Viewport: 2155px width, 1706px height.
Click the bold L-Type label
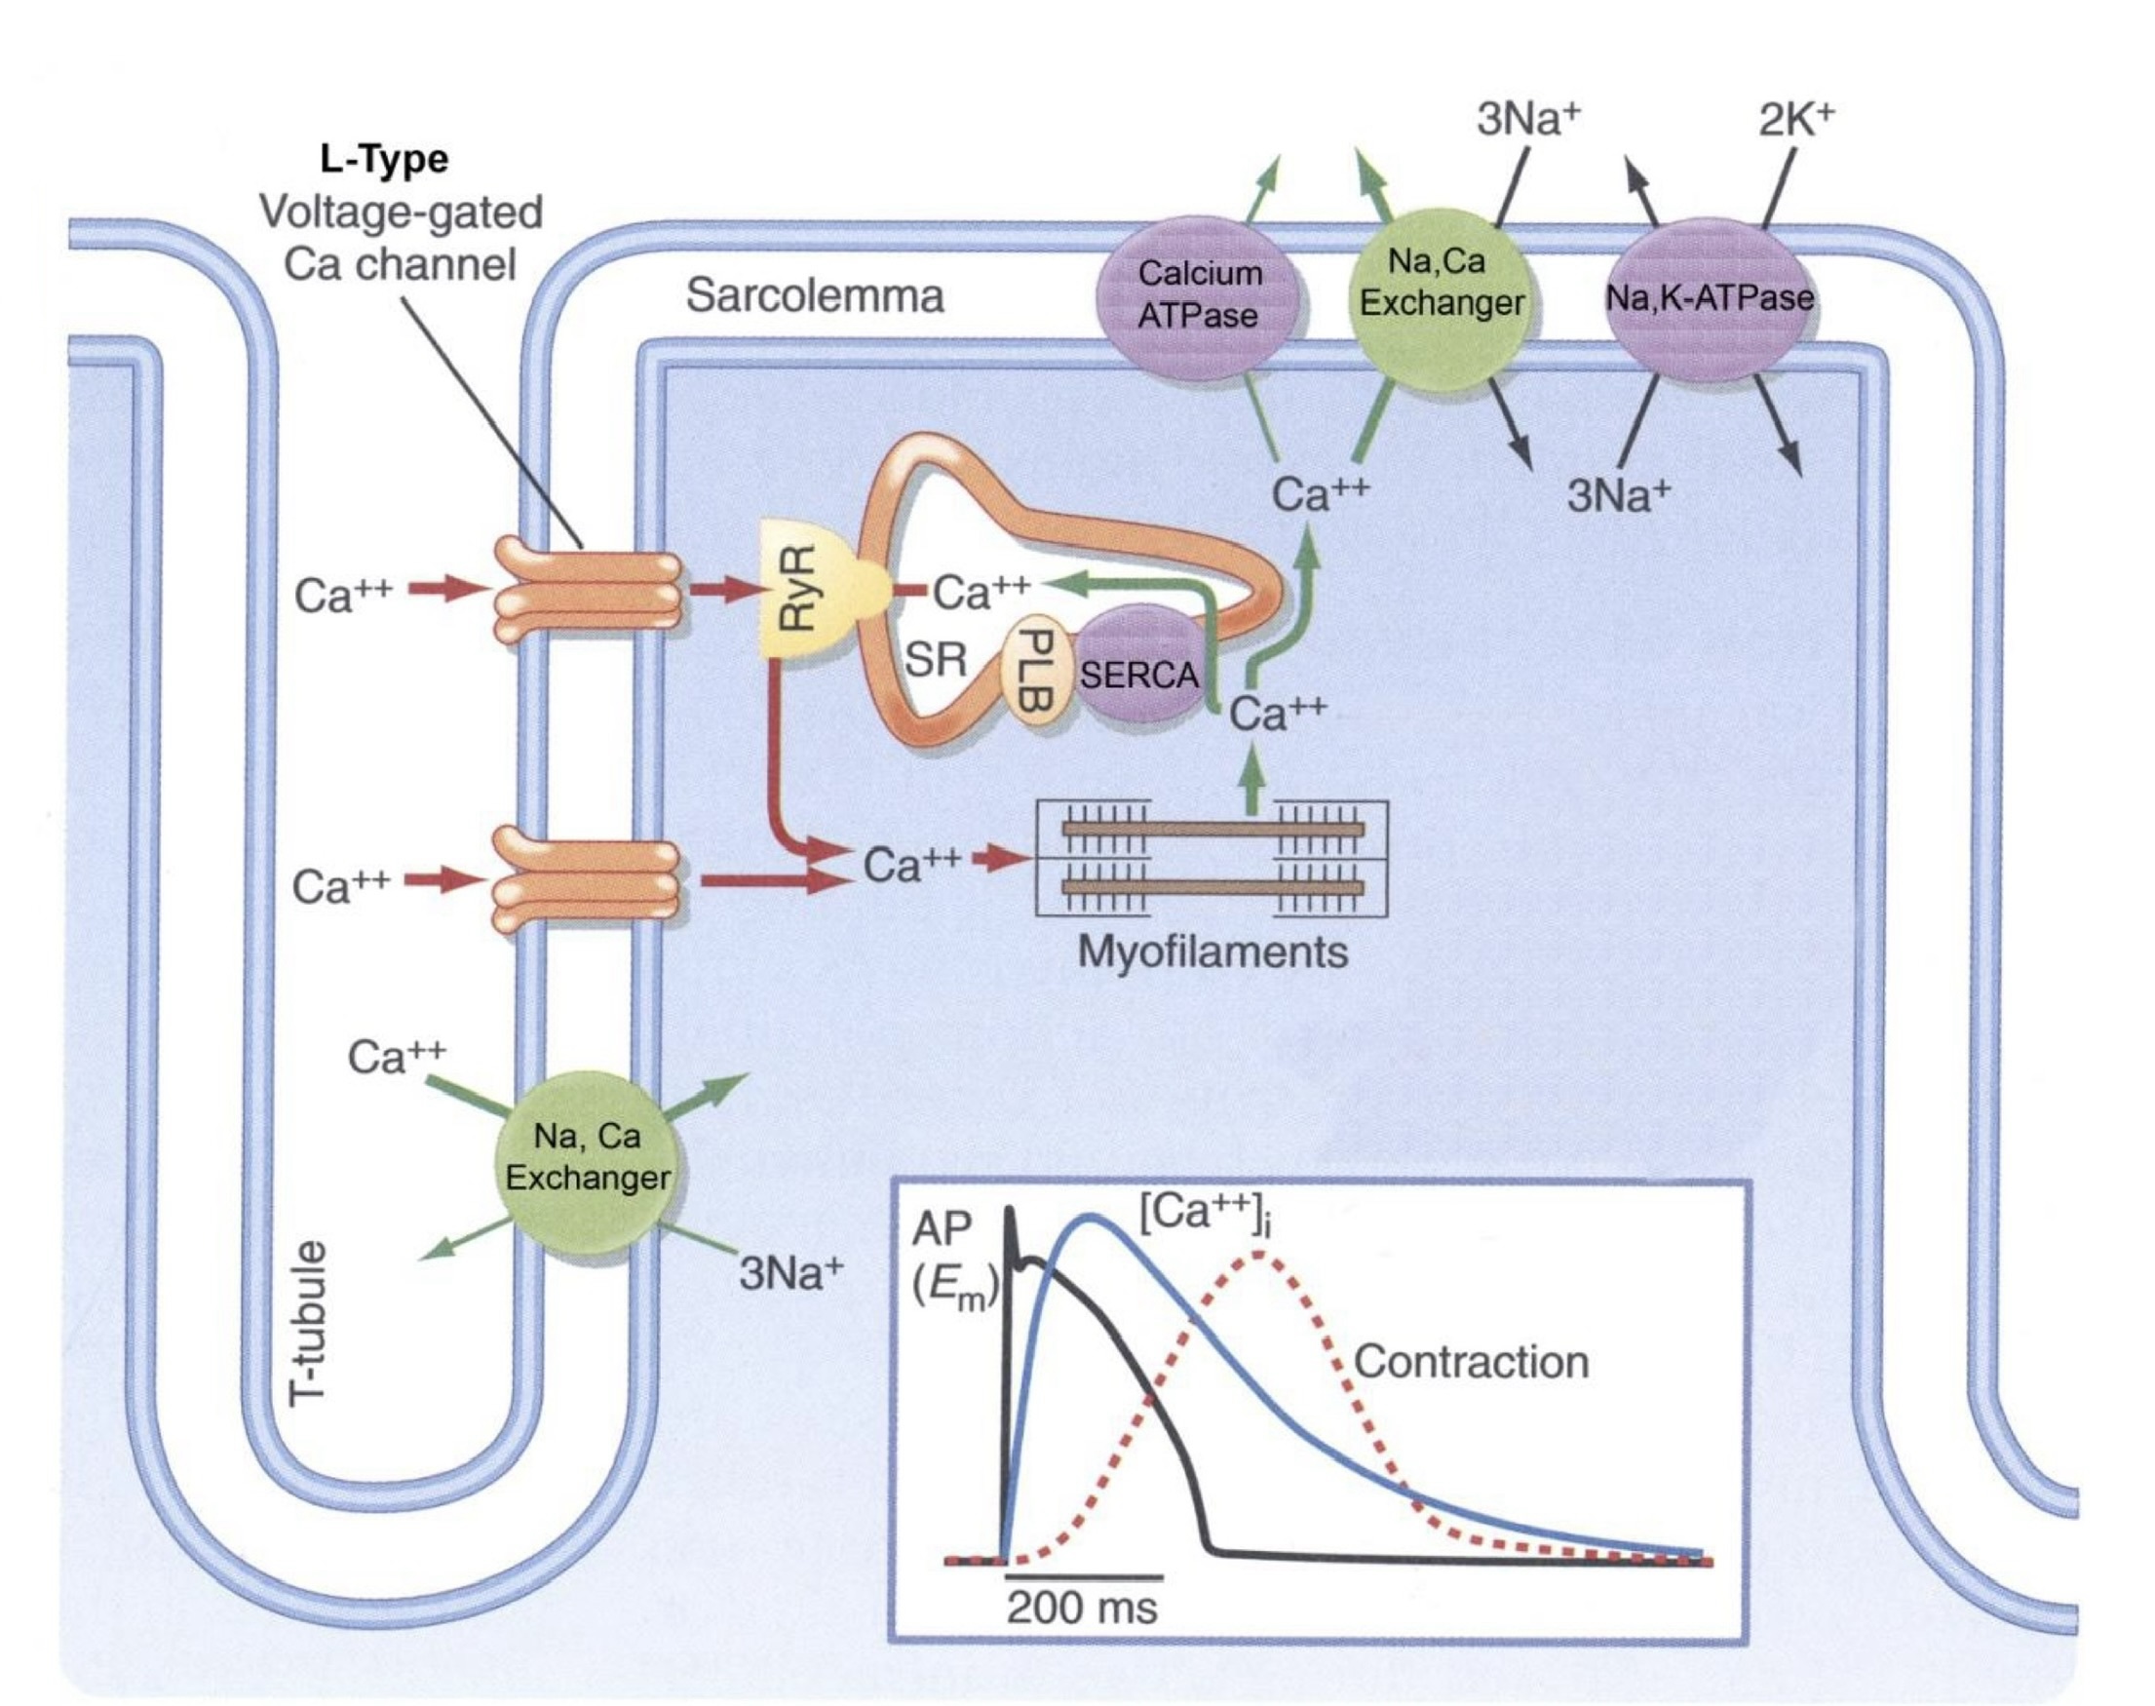(x=384, y=159)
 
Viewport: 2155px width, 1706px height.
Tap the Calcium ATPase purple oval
(x=1198, y=294)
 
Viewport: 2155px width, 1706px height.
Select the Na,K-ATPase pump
(x=1709, y=297)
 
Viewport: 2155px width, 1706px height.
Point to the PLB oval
(x=1035, y=669)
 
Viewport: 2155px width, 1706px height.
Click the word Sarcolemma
(x=814, y=295)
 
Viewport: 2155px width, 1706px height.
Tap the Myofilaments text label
(x=1212, y=951)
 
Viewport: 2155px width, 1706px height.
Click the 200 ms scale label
(x=1082, y=1608)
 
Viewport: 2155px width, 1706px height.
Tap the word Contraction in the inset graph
(x=1471, y=1363)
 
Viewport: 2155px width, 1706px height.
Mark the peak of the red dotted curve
(x=1260, y=1255)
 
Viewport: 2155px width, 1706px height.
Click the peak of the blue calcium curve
(x=1093, y=1217)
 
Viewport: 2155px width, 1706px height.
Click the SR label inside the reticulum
(x=936, y=659)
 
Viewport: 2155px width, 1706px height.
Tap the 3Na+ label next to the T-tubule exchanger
(x=790, y=1273)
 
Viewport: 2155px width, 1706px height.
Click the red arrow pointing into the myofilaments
(x=1001, y=858)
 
